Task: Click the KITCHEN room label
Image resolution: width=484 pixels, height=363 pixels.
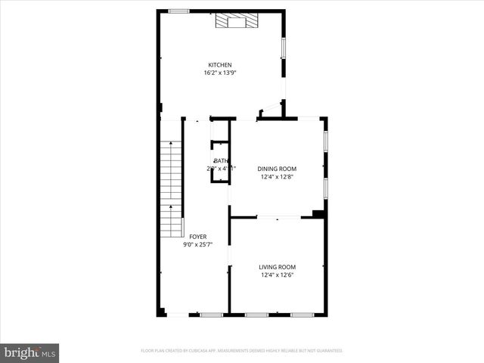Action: [220, 65]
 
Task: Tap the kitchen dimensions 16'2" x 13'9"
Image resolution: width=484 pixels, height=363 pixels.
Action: [220, 73]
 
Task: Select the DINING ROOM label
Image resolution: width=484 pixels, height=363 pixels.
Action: [277, 169]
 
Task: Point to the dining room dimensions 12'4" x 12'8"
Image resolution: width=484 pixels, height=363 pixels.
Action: [277, 177]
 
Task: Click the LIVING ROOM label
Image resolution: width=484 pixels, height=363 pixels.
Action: [277, 267]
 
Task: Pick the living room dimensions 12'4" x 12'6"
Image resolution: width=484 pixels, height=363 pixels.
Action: [277, 275]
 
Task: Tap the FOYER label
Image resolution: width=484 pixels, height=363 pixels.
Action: [198, 237]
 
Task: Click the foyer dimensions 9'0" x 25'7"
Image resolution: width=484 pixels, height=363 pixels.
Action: [198, 245]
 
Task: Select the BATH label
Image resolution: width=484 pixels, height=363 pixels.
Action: [221, 161]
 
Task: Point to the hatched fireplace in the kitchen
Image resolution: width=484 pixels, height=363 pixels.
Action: [235, 20]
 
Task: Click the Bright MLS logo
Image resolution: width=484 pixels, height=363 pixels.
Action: [30, 352]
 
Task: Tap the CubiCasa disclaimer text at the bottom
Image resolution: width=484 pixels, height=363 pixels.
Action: [242, 351]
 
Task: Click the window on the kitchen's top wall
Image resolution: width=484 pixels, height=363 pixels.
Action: [178, 11]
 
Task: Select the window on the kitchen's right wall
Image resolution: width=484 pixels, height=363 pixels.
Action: [284, 48]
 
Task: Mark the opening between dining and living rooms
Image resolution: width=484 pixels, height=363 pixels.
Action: [278, 218]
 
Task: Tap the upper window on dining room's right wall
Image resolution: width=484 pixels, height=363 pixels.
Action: [325, 141]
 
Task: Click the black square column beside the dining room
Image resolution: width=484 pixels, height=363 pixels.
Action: [318, 214]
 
